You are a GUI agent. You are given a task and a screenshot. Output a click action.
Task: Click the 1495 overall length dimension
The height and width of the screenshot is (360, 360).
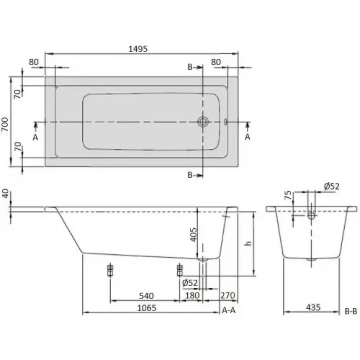(139, 48)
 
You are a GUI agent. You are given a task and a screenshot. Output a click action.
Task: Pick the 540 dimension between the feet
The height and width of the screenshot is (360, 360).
(146, 295)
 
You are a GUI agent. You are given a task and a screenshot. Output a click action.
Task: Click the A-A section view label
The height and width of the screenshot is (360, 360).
(230, 311)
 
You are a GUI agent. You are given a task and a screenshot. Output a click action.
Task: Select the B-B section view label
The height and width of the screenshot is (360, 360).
(350, 311)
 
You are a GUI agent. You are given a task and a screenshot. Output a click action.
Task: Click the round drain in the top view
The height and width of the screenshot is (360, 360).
(203, 122)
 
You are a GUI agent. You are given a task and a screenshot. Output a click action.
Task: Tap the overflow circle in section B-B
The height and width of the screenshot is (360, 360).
(310, 215)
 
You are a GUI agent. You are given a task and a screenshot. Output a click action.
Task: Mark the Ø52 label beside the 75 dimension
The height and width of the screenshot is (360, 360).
(332, 186)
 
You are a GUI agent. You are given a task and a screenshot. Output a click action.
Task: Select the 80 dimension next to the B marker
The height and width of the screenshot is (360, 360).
(216, 63)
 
